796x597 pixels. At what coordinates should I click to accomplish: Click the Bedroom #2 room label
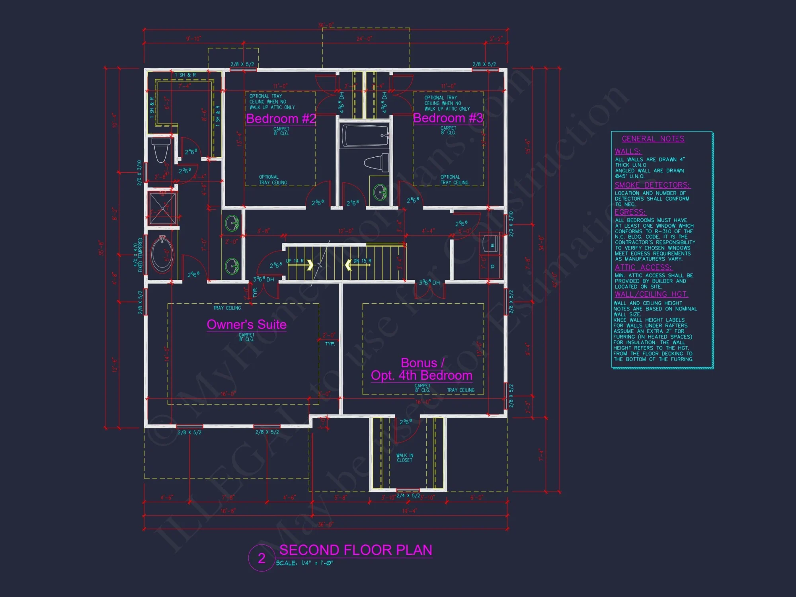pyautogui.click(x=281, y=119)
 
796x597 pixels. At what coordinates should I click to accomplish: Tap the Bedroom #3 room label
pyautogui.click(x=448, y=118)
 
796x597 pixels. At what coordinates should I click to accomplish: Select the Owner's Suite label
pyautogui.click(x=246, y=324)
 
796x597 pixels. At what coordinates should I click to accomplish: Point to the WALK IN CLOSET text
pyautogui.click(x=405, y=458)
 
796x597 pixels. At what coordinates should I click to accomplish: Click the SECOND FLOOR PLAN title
pyautogui.click(x=355, y=550)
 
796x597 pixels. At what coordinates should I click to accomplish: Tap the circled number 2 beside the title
pyautogui.click(x=261, y=558)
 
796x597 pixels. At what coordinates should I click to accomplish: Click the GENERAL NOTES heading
pyautogui.click(x=653, y=139)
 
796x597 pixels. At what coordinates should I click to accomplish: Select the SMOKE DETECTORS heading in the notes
pyautogui.click(x=652, y=185)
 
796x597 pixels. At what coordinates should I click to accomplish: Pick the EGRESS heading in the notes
pyautogui.click(x=630, y=212)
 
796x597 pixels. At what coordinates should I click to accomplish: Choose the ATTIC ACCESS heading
pyautogui.click(x=643, y=267)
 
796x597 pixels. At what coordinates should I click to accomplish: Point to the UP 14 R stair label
pyautogui.click(x=295, y=261)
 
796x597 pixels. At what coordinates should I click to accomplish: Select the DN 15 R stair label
pyautogui.click(x=362, y=261)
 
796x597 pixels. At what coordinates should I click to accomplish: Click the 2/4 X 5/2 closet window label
pyautogui.click(x=408, y=496)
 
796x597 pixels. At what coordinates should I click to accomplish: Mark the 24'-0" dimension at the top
pyautogui.click(x=364, y=39)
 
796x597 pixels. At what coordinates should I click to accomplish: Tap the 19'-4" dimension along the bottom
pyautogui.click(x=410, y=511)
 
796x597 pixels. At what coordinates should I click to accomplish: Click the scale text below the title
pyautogui.click(x=304, y=563)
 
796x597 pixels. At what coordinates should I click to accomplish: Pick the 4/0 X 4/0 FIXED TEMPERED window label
pyautogui.click(x=138, y=255)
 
